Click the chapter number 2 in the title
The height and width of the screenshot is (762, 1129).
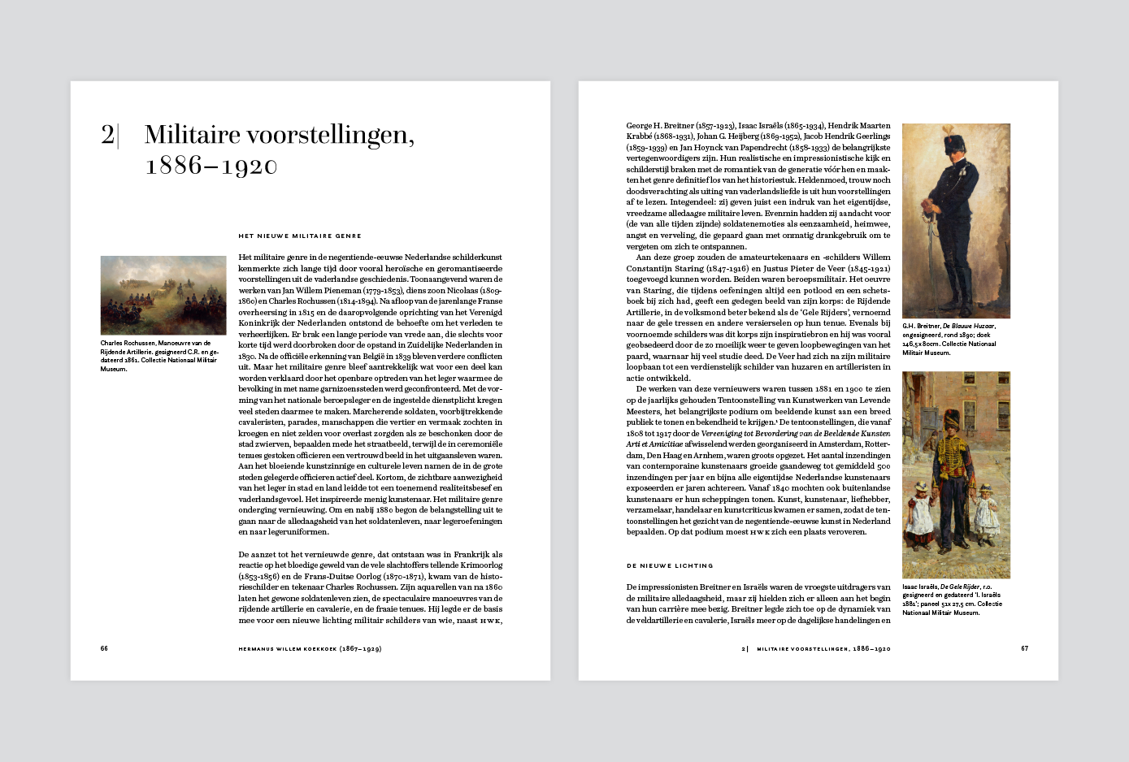(x=107, y=135)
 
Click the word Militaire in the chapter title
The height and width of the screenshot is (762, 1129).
(x=191, y=135)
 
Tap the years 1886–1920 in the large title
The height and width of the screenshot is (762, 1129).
(x=211, y=166)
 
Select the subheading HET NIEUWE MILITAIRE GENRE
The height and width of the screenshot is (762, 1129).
(x=299, y=236)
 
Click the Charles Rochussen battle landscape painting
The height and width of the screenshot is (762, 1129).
(x=163, y=295)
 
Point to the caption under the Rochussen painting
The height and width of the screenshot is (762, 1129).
(x=159, y=356)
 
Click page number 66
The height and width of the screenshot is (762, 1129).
(x=104, y=648)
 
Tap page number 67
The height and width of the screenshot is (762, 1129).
(x=1025, y=648)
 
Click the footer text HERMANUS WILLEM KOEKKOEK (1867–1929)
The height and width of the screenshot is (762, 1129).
(x=310, y=649)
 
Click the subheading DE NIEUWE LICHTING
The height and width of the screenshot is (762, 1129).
(x=670, y=565)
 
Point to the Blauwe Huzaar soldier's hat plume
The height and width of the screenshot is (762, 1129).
(x=947, y=132)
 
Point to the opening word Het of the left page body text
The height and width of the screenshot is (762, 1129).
(x=245, y=257)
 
